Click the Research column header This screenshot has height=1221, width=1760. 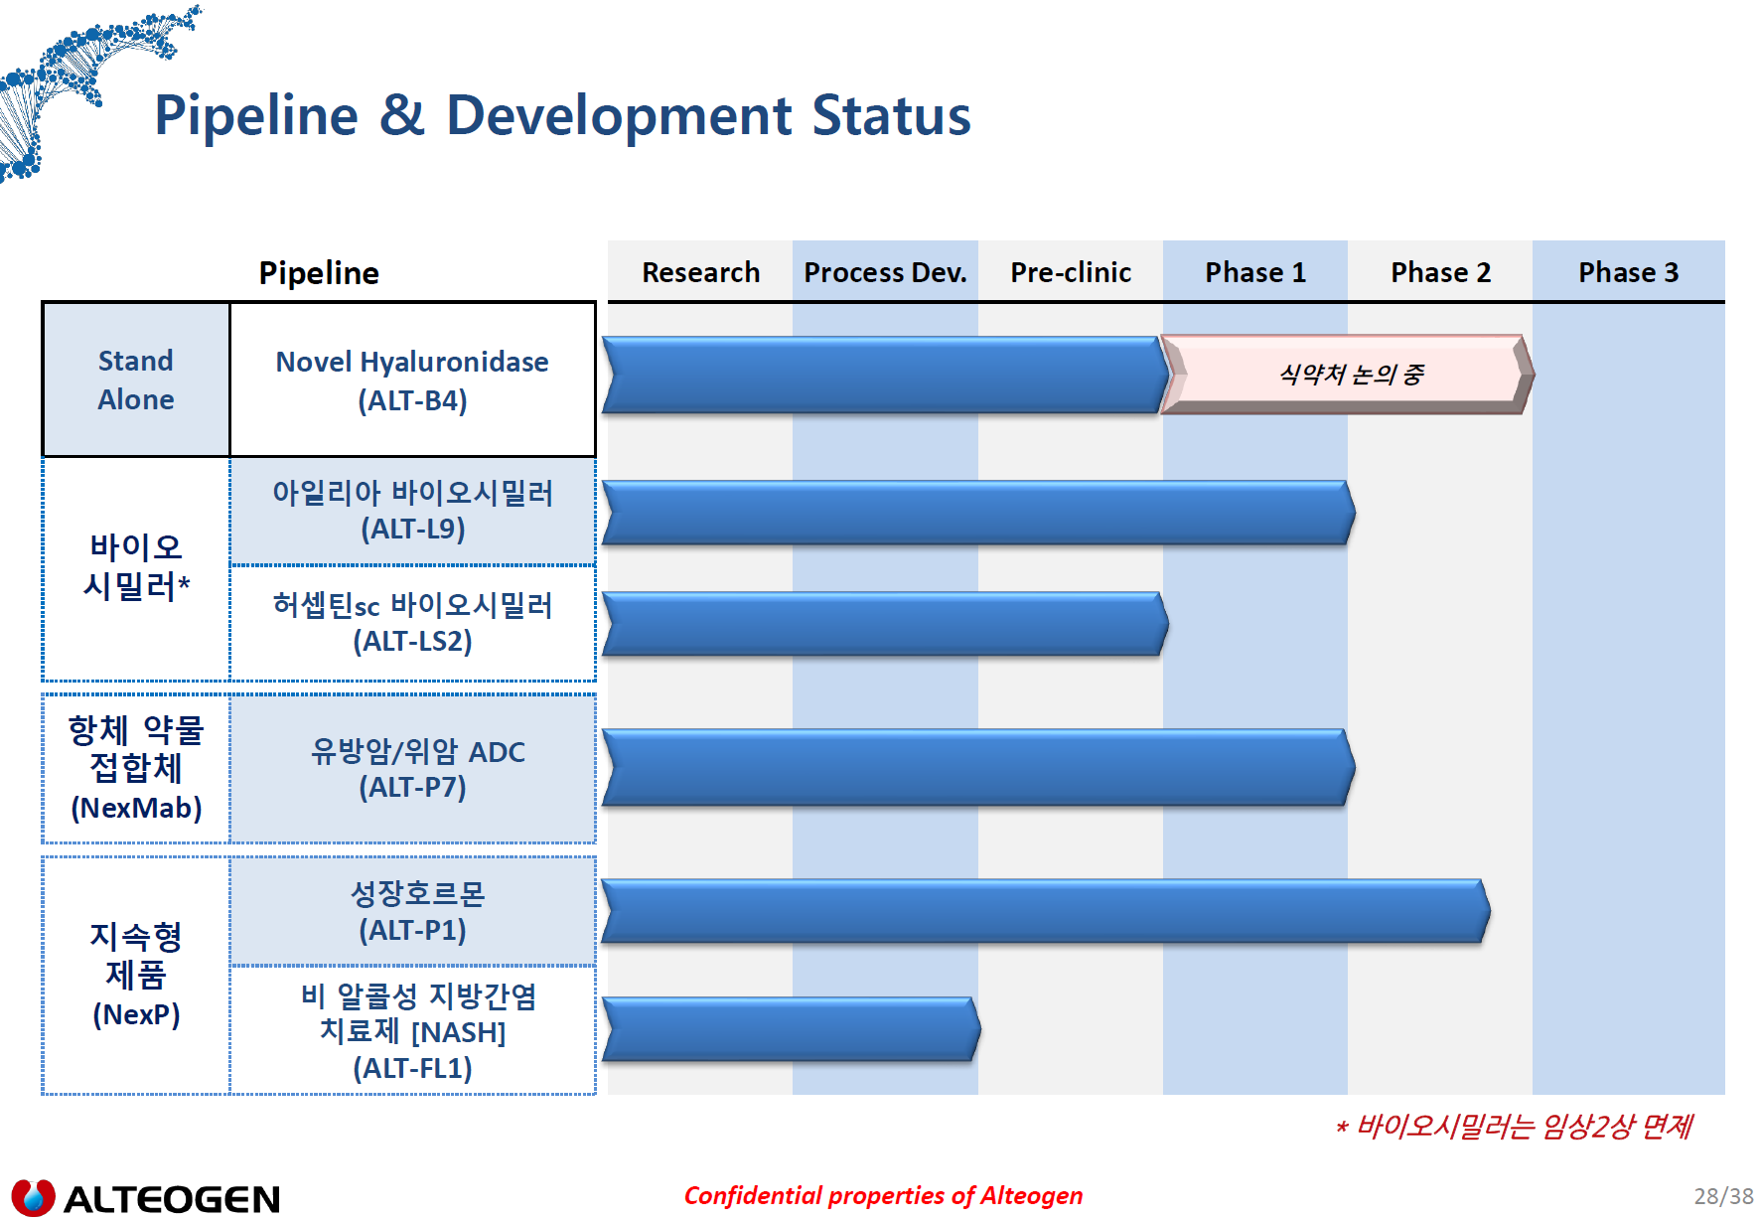[x=700, y=272]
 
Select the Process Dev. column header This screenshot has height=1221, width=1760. [x=885, y=272]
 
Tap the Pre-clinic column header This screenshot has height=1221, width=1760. [x=1071, y=272]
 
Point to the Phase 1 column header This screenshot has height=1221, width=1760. [x=1255, y=272]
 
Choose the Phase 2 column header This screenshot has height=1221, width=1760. [x=1440, y=272]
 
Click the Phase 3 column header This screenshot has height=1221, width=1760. [x=1629, y=272]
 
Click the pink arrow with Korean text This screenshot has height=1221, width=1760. [x=1348, y=375]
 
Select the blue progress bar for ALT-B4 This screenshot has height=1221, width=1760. [x=885, y=375]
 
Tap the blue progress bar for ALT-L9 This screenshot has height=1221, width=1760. [x=978, y=513]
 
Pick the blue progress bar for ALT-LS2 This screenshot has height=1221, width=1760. [x=885, y=624]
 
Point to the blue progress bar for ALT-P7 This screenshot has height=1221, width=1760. [x=978, y=767]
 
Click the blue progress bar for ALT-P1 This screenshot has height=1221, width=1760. [x=1046, y=911]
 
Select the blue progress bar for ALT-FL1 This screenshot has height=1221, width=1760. [x=791, y=1029]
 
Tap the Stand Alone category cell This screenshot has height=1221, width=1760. [x=136, y=380]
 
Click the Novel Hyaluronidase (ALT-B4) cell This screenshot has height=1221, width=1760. [x=412, y=380]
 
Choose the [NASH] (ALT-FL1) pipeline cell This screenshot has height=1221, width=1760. [x=412, y=1031]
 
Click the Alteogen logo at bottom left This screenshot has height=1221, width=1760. [x=145, y=1198]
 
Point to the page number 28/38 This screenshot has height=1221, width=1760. [x=1723, y=1196]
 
